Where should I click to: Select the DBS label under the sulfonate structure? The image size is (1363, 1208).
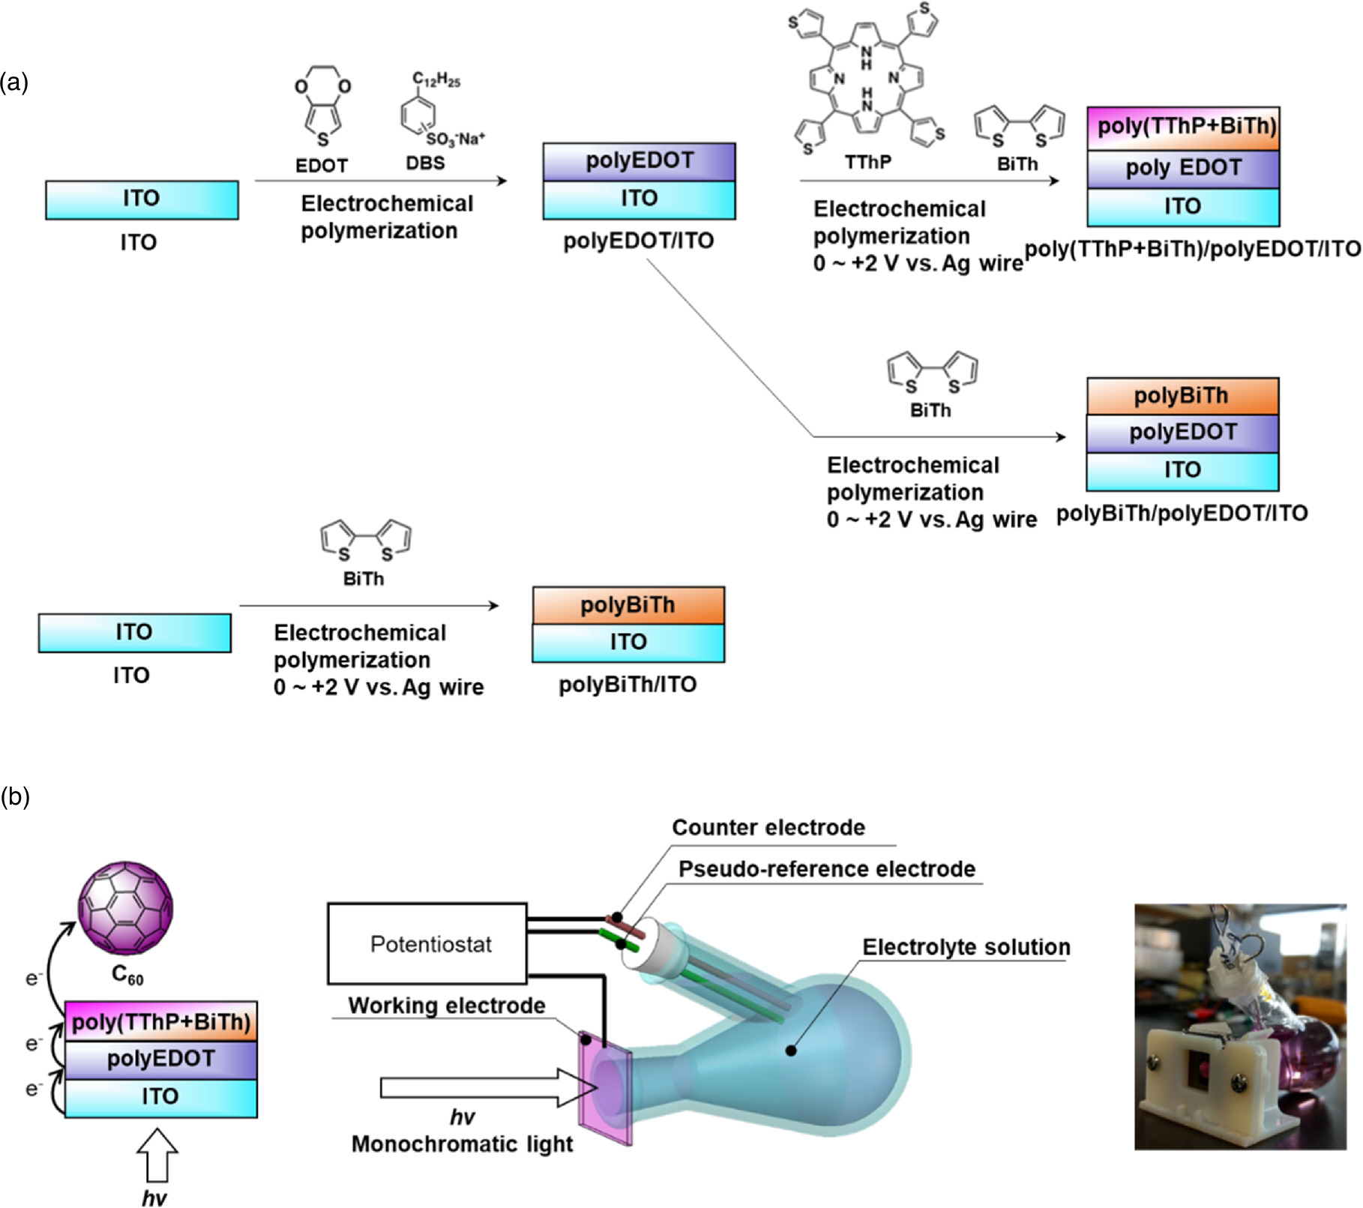tap(425, 163)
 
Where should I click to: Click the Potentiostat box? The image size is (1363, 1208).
tap(427, 943)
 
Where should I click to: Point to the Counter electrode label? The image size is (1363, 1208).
tap(768, 827)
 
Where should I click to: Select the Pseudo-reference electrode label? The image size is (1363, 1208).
tap(827, 868)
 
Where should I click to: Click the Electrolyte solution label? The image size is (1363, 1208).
tap(966, 947)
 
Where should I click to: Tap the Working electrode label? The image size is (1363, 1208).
tap(447, 1006)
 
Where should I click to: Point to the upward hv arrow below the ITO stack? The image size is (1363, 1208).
tap(157, 1156)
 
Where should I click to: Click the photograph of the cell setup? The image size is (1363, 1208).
tap(1240, 1027)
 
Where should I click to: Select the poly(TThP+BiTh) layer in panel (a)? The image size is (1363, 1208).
tap(1183, 128)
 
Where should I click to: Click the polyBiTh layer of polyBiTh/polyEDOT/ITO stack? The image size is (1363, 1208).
tap(1182, 396)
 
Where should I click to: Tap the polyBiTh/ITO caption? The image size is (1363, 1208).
tap(628, 685)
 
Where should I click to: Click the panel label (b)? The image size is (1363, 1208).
tap(15, 797)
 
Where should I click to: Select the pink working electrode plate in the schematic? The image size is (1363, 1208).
tap(604, 1087)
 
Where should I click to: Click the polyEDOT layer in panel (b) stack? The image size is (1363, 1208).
tap(161, 1060)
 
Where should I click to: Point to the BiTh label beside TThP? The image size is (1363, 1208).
tap(1017, 164)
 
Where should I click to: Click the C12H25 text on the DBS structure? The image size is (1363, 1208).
tap(436, 79)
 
